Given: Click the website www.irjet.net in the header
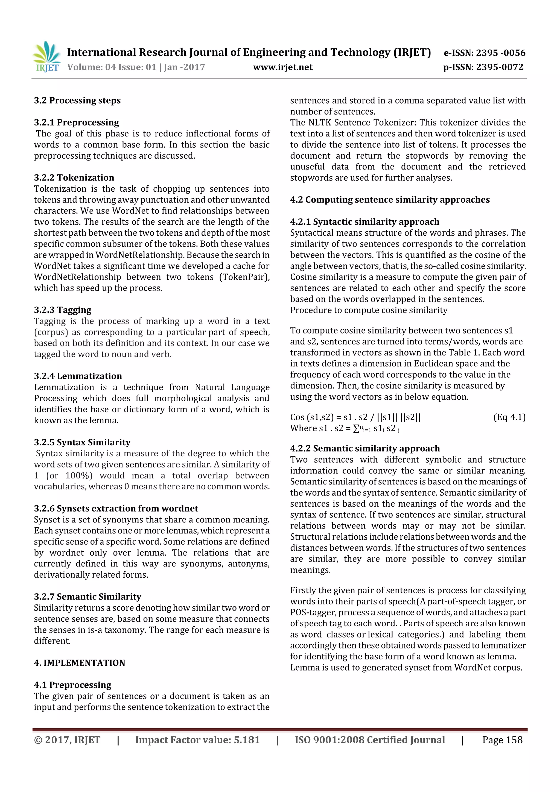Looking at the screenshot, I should [282, 67].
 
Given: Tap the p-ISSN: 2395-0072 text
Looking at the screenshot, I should [483, 67].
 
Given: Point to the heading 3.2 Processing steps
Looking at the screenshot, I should [77, 100].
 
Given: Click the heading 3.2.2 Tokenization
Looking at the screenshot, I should [74, 178].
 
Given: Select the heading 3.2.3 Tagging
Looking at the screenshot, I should [62, 310].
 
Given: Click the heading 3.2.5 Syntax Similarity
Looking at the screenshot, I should [82, 442].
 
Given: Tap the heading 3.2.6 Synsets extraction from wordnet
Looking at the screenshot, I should [116, 508].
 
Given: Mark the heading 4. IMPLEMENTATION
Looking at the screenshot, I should [79, 663].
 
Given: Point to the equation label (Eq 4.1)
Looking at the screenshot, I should [509, 417].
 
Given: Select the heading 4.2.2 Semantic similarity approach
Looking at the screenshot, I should [365, 448].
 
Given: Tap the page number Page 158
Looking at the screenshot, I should [502, 740].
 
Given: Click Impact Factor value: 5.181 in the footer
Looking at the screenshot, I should [197, 740].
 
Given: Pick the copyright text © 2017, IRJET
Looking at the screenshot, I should [67, 740].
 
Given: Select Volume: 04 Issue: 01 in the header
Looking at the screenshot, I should [112, 67].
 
